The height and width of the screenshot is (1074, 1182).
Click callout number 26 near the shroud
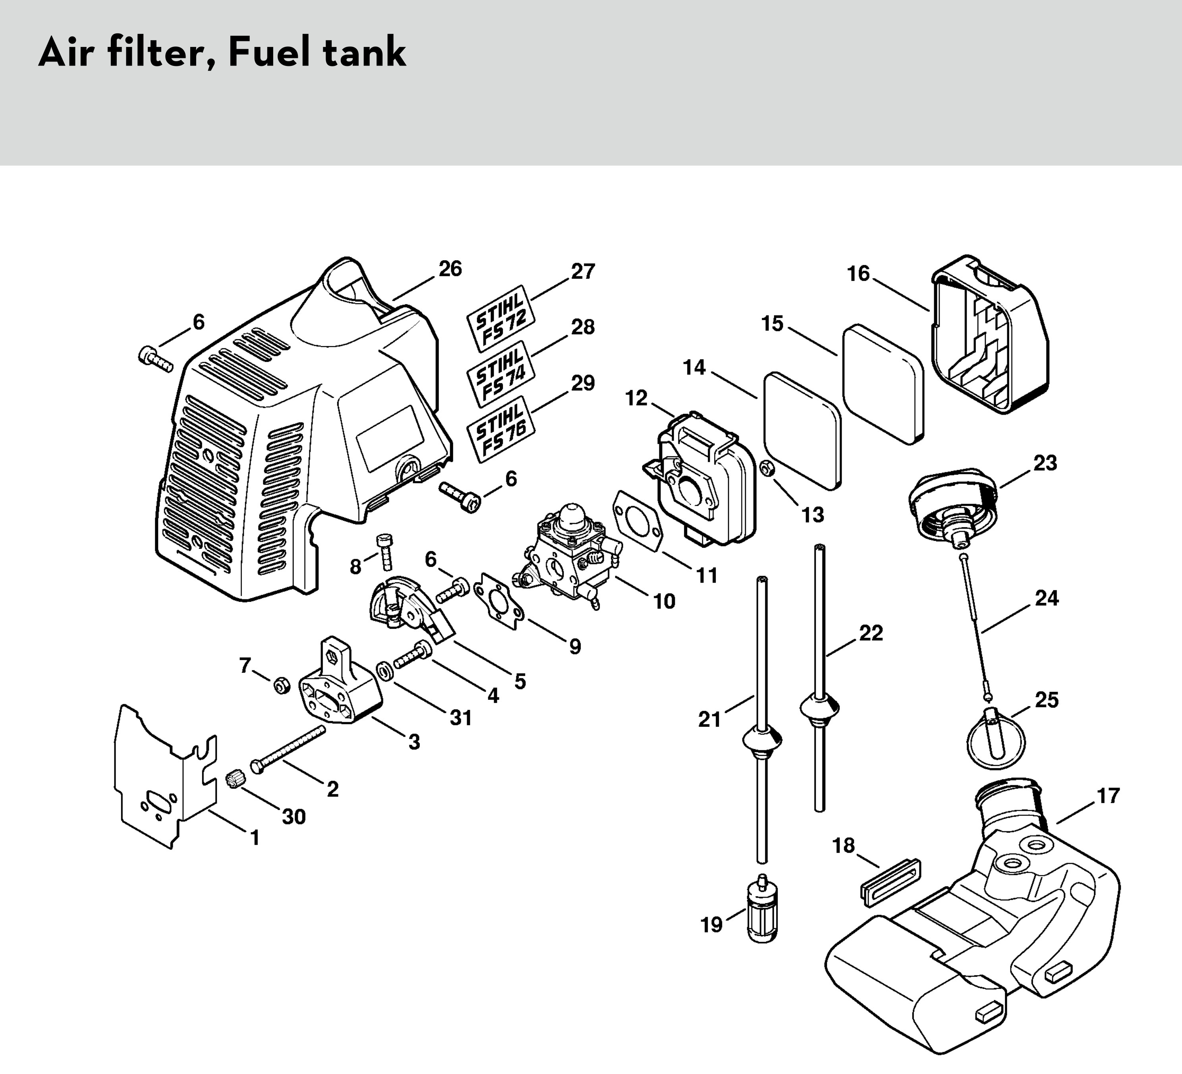click(450, 269)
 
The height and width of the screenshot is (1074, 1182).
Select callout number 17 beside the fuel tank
click(1108, 796)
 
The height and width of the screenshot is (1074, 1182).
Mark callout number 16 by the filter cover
click(858, 274)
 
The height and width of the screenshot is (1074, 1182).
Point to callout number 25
click(1047, 700)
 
